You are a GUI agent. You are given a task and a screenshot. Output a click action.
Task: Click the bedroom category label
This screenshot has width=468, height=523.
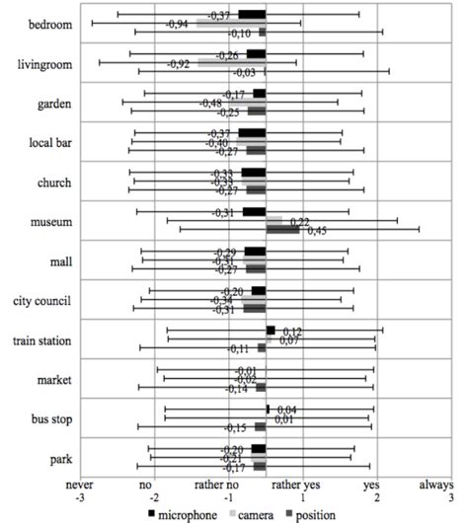tap(50, 24)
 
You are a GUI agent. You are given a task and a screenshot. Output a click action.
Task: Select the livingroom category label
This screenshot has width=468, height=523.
tap(44, 64)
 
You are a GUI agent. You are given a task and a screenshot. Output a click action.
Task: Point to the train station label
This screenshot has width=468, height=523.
tap(40, 340)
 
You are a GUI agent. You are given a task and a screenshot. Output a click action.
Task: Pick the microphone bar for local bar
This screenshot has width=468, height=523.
tap(253, 133)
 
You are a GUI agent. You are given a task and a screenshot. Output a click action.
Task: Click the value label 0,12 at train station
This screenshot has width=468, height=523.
tap(292, 331)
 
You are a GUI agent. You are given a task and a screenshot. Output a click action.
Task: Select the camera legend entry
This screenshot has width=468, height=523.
tap(255, 513)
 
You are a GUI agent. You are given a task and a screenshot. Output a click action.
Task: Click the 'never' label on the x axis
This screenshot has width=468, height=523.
tap(80, 486)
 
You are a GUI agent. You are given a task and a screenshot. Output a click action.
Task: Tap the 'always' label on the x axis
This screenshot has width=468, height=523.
tap(434, 486)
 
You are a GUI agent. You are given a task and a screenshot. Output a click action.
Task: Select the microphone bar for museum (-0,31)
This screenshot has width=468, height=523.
tap(255, 211)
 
